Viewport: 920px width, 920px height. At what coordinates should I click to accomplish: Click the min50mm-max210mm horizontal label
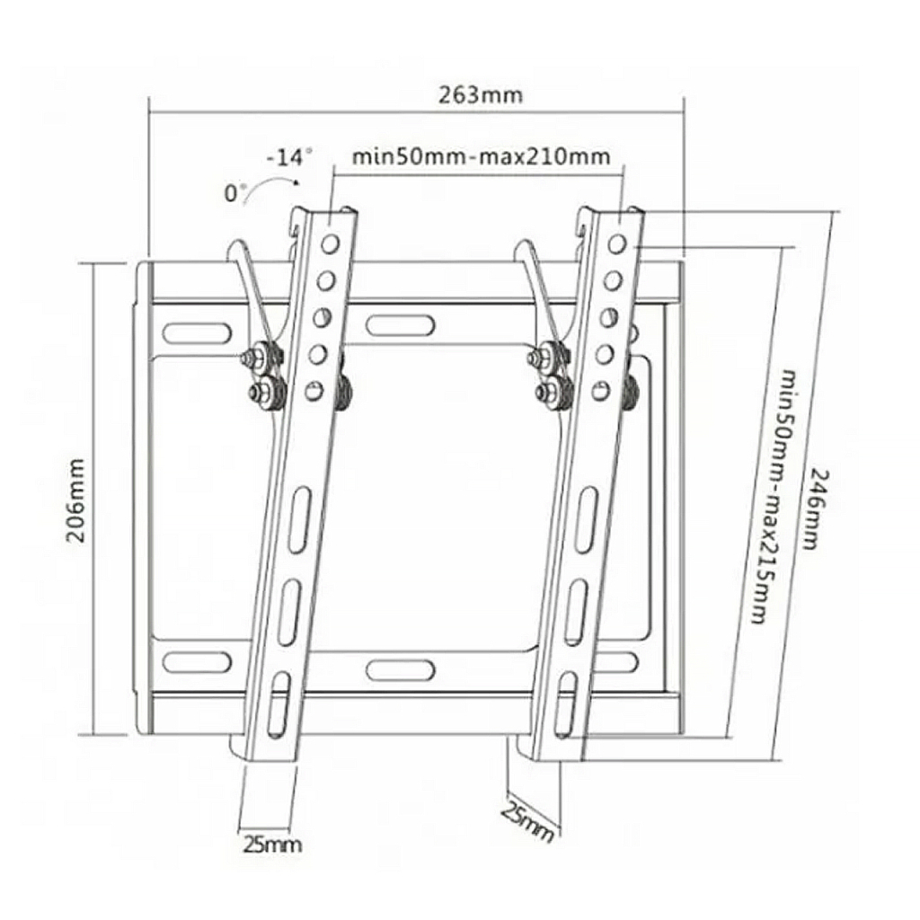point(481,157)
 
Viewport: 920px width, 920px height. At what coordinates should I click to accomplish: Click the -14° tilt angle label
point(288,158)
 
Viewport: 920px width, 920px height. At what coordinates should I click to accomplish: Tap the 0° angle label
point(236,192)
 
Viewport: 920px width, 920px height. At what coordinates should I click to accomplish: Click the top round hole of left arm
point(332,243)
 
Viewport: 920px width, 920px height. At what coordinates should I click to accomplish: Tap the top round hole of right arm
point(616,243)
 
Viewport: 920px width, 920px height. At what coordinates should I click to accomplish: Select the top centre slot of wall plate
point(401,321)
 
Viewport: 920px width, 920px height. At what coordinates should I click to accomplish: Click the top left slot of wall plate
point(190,332)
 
